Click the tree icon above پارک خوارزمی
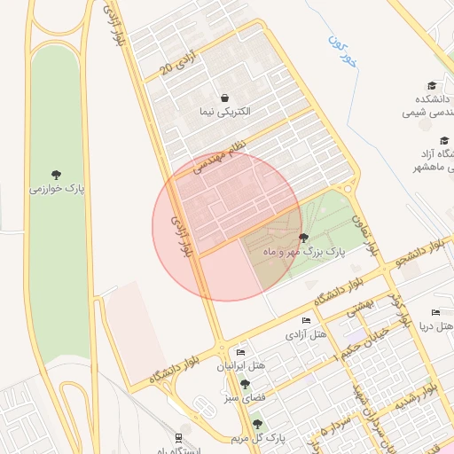point(57,174)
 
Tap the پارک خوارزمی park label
point(57,189)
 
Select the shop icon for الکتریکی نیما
point(223,98)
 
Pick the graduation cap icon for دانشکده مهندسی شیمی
point(432,86)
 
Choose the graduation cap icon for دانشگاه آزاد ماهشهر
point(444,140)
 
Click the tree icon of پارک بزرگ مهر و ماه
point(304,238)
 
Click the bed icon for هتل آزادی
point(306,320)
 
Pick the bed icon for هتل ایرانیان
point(240,352)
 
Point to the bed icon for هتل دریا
point(434,312)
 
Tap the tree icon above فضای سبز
point(245,384)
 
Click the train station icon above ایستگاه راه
point(179,437)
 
